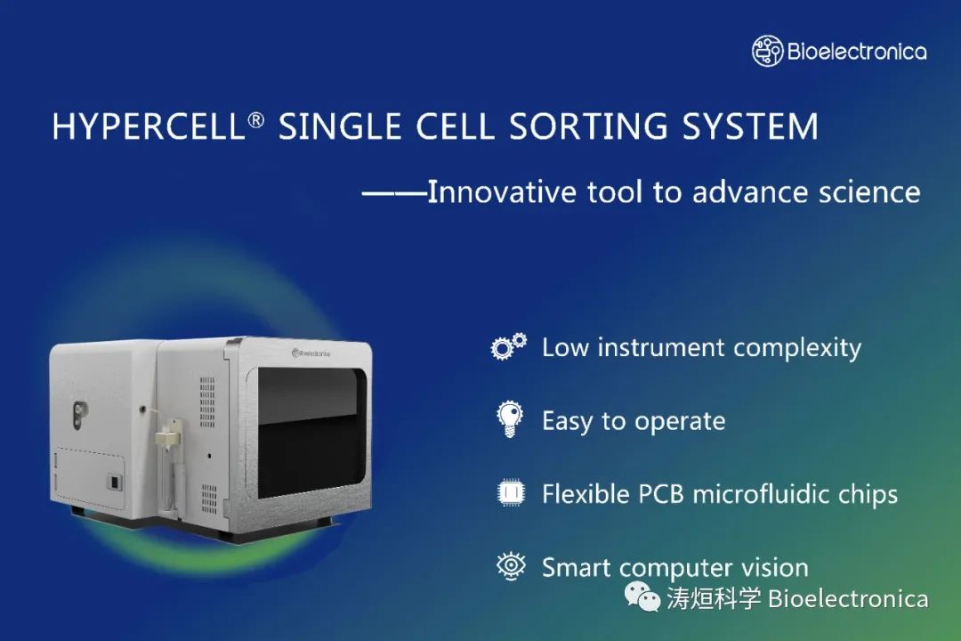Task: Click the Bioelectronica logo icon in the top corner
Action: coord(767,51)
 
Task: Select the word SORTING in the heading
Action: coord(588,126)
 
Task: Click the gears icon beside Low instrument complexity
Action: coord(509,346)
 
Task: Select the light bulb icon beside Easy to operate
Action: coord(510,419)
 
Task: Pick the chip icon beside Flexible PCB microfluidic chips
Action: coord(511,492)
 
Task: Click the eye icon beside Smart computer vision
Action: coord(511,565)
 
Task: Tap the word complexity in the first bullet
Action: coord(797,348)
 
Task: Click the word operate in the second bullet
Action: coord(680,422)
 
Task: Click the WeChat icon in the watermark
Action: coord(642,596)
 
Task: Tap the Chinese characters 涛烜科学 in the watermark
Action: coord(714,598)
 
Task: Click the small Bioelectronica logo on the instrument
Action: coord(311,353)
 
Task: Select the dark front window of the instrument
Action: coord(311,431)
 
